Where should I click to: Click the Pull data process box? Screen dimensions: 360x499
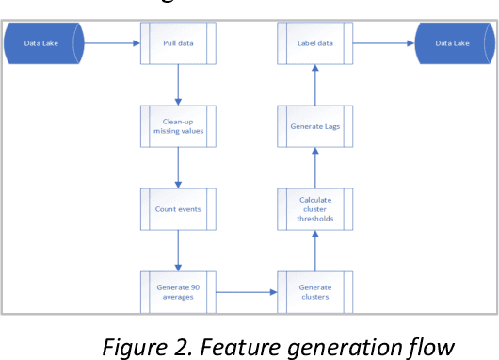178,43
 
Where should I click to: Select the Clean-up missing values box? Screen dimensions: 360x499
178,125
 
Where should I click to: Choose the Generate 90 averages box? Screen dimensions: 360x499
178,290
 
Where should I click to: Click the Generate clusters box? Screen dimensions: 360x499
314,290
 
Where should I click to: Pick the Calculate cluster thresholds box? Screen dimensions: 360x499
314,207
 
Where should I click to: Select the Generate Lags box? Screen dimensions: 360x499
314,125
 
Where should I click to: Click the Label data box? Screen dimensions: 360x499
314,43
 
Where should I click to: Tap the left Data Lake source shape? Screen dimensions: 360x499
43,43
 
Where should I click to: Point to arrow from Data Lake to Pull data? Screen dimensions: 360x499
111,43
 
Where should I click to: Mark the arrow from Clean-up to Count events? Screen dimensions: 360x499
178,167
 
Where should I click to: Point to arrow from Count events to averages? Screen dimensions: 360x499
178,249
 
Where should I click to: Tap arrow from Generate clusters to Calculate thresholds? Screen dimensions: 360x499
314,249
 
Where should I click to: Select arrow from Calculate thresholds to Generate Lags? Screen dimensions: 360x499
314,167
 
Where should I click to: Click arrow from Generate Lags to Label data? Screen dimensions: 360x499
314,84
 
